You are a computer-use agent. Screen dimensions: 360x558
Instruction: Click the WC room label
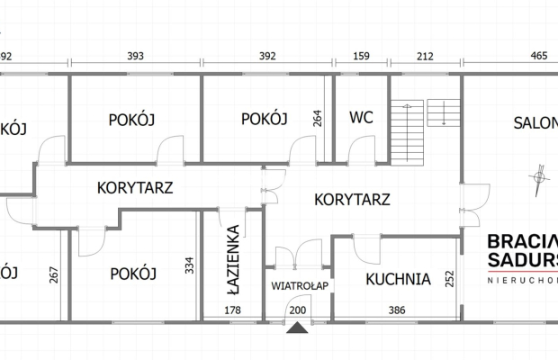tap(361, 118)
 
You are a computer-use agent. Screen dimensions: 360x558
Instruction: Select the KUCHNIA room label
tap(398, 278)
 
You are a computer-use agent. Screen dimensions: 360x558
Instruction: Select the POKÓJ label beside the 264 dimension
tap(264, 119)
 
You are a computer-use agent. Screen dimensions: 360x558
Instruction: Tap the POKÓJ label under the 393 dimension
tap(133, 119)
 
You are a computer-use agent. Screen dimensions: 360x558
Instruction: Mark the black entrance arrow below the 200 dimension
tap(297, 327)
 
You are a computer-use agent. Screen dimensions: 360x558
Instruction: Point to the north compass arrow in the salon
tap(538, 178)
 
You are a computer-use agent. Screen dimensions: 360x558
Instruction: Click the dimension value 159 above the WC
tap(361, 57)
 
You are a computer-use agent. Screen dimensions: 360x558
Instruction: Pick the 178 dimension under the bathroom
tap(232, 310)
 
